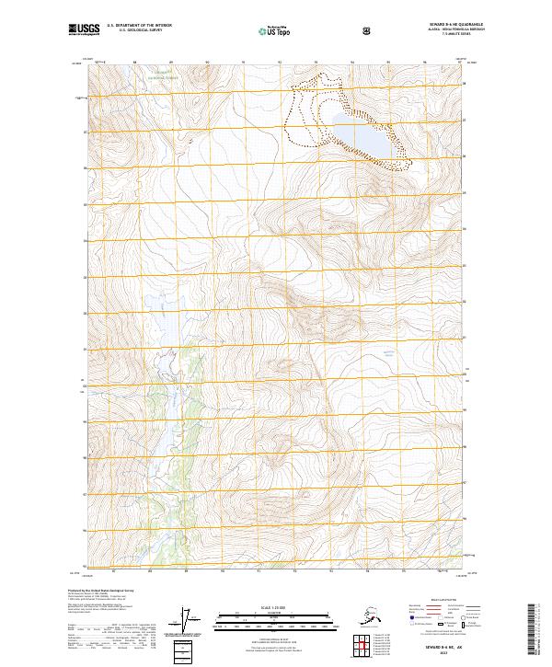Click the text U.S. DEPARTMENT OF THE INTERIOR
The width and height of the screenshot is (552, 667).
pos(140,27)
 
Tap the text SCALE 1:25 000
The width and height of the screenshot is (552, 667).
pos(275,606)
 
